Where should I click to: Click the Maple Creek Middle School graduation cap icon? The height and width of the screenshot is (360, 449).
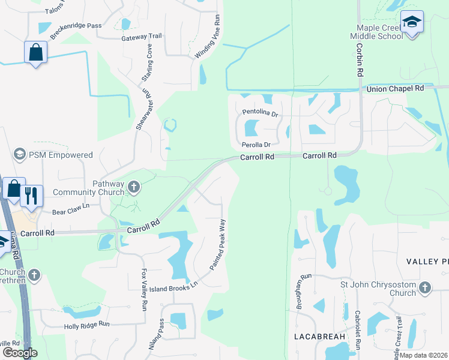pyautogui.click(x=412, y=23)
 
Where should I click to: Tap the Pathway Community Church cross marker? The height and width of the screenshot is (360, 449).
pyautogui.click(x=134, y=188)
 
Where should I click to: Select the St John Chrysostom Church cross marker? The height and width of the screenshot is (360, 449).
pyautogui.click(x=426, y=288)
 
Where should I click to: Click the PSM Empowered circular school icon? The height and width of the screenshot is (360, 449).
pyautogui.click(x=20, y=155)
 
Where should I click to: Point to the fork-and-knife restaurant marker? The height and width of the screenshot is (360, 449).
pyautogui.click(x=31, y=195)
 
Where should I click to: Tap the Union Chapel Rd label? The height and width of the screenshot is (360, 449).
pyautogui.click(x=395, y=88)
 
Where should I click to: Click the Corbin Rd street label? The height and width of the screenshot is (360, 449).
pyautogui.click(x=360, y=59)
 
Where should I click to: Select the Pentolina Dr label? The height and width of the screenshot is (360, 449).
pyautogui.click(x=261, y=112)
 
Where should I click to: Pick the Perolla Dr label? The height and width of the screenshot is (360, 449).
pyautogui.click(x=256, y=145)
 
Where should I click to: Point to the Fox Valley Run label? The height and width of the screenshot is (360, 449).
pyautogui.click(x=144, y=289)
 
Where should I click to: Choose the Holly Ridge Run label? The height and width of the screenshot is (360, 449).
pyautogui.click(x=87, y=325)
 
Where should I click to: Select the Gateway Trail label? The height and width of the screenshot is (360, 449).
pyautogui.click(x=142, y=37)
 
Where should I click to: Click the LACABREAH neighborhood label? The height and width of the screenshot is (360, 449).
pyautogui.click(x=321, y=337)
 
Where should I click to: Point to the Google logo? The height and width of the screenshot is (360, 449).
pyautogui.click(x=20, y=353)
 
